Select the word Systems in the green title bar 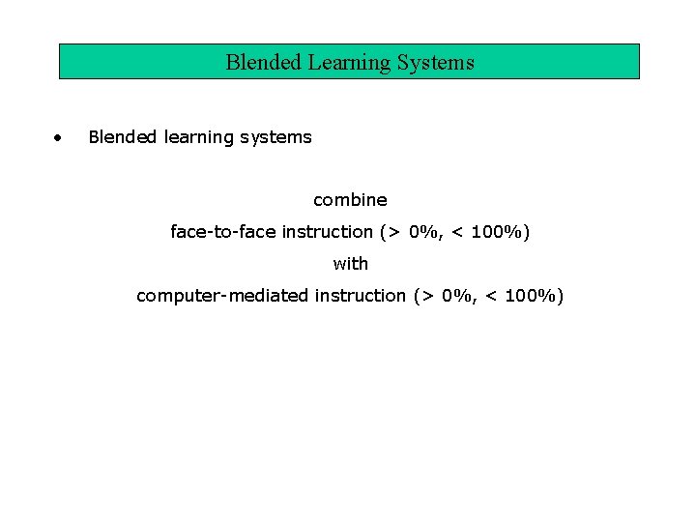click(438, 63)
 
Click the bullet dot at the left click(60, 137)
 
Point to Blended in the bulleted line click(123, 137)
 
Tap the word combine click(350, 200)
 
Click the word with click(350, 263)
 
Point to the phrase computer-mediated click(222, 296)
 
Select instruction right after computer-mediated click(361, 296)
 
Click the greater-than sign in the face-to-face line click(393, 233)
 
